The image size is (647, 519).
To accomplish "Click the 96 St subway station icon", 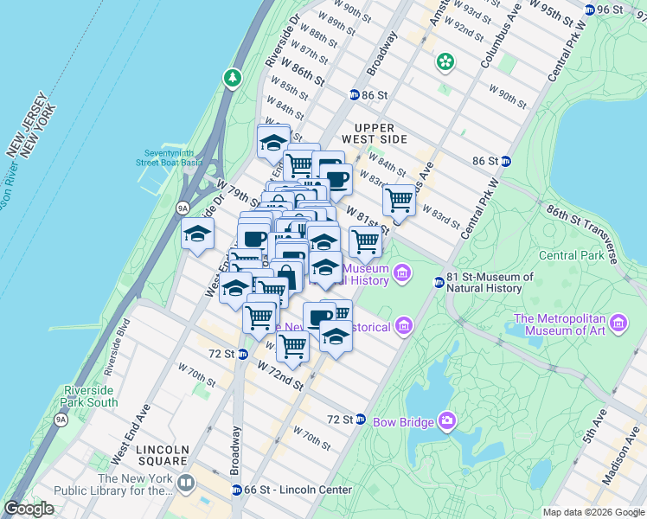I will [590, 10].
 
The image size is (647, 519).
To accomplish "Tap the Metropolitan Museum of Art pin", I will [618, 324].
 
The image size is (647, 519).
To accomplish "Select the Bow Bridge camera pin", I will [447, 421].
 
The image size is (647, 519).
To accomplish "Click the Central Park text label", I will [570, 255].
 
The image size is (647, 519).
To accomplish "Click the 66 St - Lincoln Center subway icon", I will [236, 490].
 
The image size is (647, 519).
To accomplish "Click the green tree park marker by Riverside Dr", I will [233, 78].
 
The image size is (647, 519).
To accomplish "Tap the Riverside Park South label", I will [90, 396].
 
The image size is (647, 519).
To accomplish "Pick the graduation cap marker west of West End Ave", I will [197, 234].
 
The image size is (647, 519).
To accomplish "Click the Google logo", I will [29, 509].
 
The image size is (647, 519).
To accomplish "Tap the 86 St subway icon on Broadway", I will [355, 94].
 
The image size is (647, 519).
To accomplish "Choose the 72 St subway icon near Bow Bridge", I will [360, 419].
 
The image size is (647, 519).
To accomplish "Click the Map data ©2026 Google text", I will [593, 512].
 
